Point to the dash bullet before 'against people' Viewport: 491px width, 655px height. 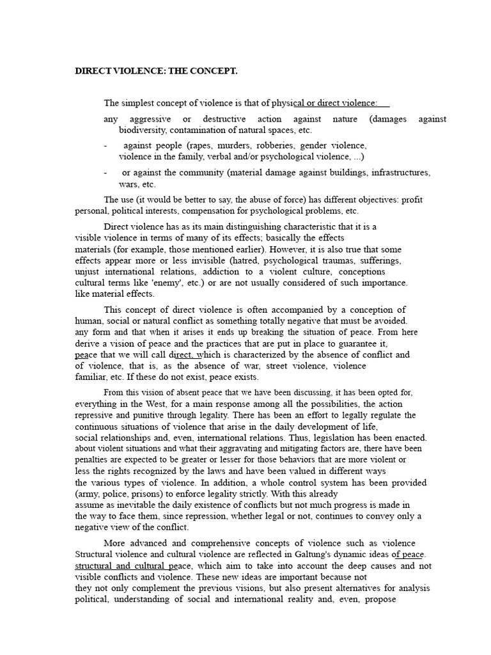click(x=105, y=146)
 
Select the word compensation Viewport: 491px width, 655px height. click(x=215, y=210)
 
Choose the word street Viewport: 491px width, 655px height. click(x=277, y=366)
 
